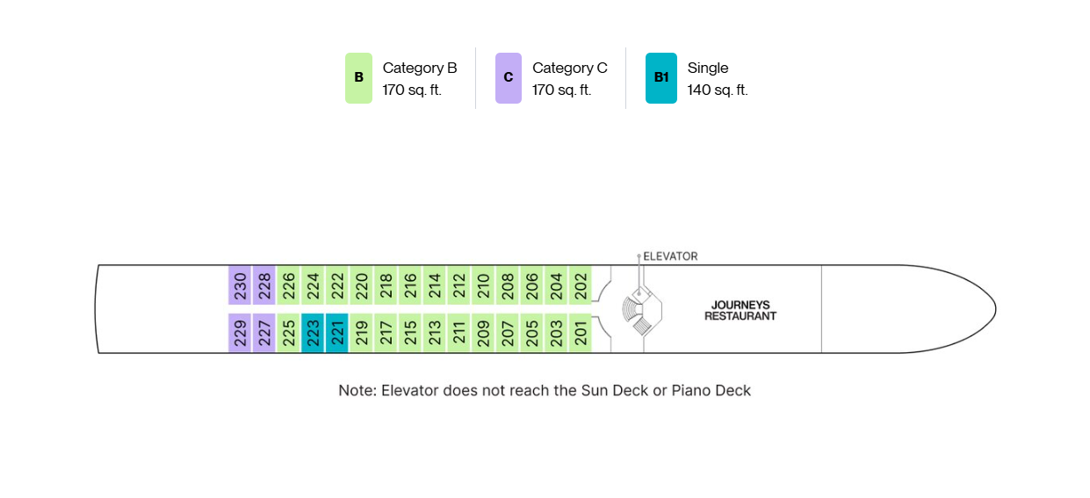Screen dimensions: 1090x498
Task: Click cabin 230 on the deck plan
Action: tap(240, 285)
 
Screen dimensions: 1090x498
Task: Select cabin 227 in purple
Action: tap(264, 333)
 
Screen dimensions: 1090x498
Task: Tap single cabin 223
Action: tap(313, 333)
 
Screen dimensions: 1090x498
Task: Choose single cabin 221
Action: tap(337, 333)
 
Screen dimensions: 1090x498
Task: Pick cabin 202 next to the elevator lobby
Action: tap(581, 285)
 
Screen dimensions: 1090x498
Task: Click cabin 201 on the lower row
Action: tap(581, 333)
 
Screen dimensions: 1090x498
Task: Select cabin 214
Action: tap(435, 285)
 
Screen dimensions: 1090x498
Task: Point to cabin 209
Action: tap(483, 333)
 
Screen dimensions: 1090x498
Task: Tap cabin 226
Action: tap(289, 285)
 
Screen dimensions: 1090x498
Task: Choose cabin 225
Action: tap(289, 333)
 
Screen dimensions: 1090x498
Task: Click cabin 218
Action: tap(386, 285)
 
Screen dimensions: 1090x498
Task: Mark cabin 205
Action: tap(532, 333)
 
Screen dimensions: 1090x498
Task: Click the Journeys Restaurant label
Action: tap(740, 311)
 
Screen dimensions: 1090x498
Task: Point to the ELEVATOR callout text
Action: tap(670, 256)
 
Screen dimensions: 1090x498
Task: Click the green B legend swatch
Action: tap(358, 78)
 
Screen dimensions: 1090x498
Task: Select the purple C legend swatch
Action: tap(509, 78)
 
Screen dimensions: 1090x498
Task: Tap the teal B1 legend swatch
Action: tap(660, 78)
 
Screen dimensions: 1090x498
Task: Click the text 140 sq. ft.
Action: tap(718, 90)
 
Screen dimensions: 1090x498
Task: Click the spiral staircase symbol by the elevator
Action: tap(632, 309)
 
